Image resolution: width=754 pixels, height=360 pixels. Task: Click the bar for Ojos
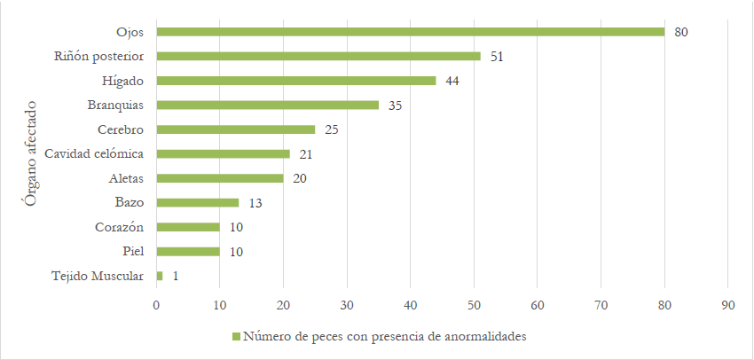410,32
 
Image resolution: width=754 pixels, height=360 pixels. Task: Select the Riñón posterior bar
318,56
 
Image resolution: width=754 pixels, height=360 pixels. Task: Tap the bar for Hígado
296,81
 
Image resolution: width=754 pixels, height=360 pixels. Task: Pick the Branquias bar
268,105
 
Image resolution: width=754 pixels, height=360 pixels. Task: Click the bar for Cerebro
236,129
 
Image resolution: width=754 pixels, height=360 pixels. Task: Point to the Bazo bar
198,203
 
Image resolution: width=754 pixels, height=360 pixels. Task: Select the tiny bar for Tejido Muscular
160,277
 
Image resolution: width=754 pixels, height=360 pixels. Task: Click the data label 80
681,32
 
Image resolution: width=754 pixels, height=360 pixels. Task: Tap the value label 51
497,56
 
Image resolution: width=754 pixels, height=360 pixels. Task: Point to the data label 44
452,81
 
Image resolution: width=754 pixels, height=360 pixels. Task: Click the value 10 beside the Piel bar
235,252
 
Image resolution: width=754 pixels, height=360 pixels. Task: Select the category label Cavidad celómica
95,154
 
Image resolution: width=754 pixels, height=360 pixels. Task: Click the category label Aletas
126,178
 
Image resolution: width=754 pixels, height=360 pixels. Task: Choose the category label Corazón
120,228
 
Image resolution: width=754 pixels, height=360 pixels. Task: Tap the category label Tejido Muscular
98,277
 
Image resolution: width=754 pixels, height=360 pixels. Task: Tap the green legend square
237,337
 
